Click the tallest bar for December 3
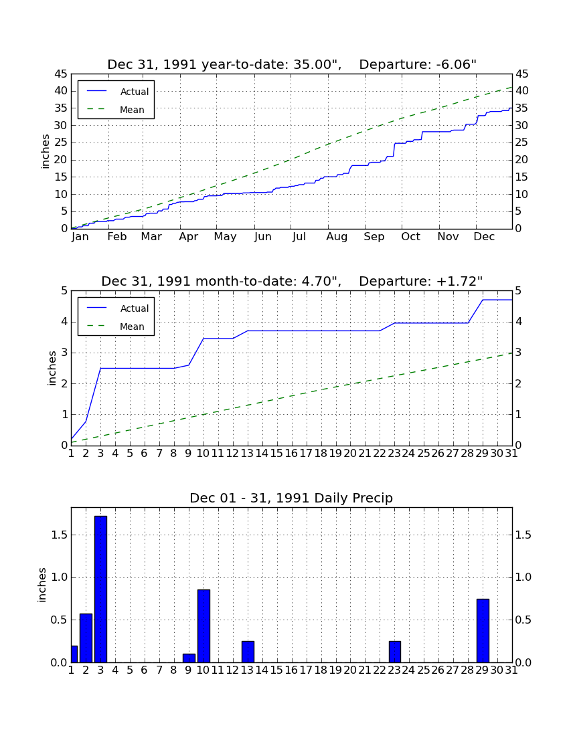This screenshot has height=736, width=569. [x=100, y=589]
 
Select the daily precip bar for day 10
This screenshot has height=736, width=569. [x=204, y=626]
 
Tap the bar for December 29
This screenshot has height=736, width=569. [x=483, y=630]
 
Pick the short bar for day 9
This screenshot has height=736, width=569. [x=189, y=658]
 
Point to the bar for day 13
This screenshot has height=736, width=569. [x=248, y=652]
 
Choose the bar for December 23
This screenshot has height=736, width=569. [x=395, y=652]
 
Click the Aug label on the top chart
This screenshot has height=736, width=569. [x=337, y=237]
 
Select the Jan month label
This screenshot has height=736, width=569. [x=80, y=237]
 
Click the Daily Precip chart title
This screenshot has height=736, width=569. [x=291, y=498]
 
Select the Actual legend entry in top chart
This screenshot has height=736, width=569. [x=116, y=92]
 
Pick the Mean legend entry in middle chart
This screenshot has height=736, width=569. [x=116, y=327]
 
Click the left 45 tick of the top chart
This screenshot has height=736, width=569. [x=62, y=74]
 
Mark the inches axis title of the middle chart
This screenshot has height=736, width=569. [x=52, y=369]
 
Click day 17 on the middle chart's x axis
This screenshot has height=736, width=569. [x=306, y=454]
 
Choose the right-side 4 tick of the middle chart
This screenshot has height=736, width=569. [x=518, y=322]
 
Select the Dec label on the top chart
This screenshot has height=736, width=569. [x=484, y=237]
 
